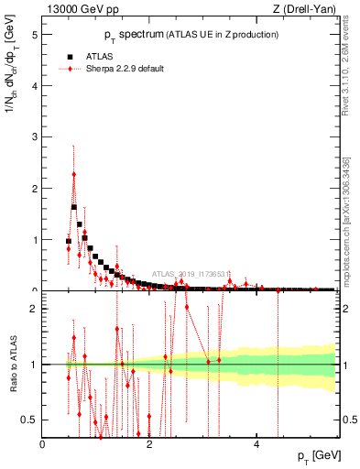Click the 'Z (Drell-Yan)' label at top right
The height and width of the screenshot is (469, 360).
point(304,10)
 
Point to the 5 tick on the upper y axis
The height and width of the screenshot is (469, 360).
point(35,35)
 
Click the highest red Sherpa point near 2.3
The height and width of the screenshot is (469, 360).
point(74,174)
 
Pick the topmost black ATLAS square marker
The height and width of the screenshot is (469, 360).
point(74,207)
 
